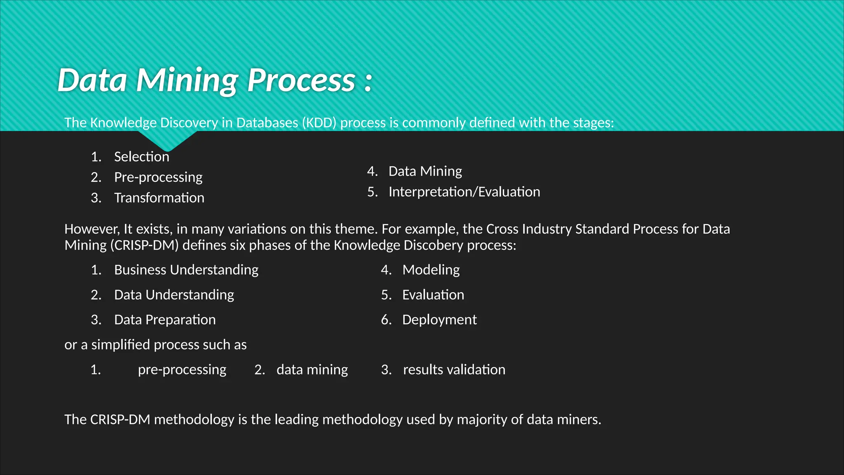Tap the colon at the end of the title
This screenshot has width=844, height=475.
point(368,82)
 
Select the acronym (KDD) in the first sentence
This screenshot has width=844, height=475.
point(319,123)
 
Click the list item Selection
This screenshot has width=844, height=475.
point(141,157)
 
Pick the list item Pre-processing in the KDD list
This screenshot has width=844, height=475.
point(158,177)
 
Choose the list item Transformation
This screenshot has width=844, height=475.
point(159,198)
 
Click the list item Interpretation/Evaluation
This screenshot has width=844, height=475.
point(464,192)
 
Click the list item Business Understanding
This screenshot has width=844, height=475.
point(186,270)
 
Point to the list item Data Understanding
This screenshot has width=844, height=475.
point(174,295)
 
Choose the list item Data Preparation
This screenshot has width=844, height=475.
point(165,320)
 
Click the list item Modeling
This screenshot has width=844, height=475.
point(431,270)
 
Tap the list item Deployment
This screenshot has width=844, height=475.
point(439,320)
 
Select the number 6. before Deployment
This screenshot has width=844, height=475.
point(386,320)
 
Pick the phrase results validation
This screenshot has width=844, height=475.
point(454,369)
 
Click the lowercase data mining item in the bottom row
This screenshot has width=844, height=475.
point(312,369)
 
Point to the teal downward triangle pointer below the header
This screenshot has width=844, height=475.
point(167,141)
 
